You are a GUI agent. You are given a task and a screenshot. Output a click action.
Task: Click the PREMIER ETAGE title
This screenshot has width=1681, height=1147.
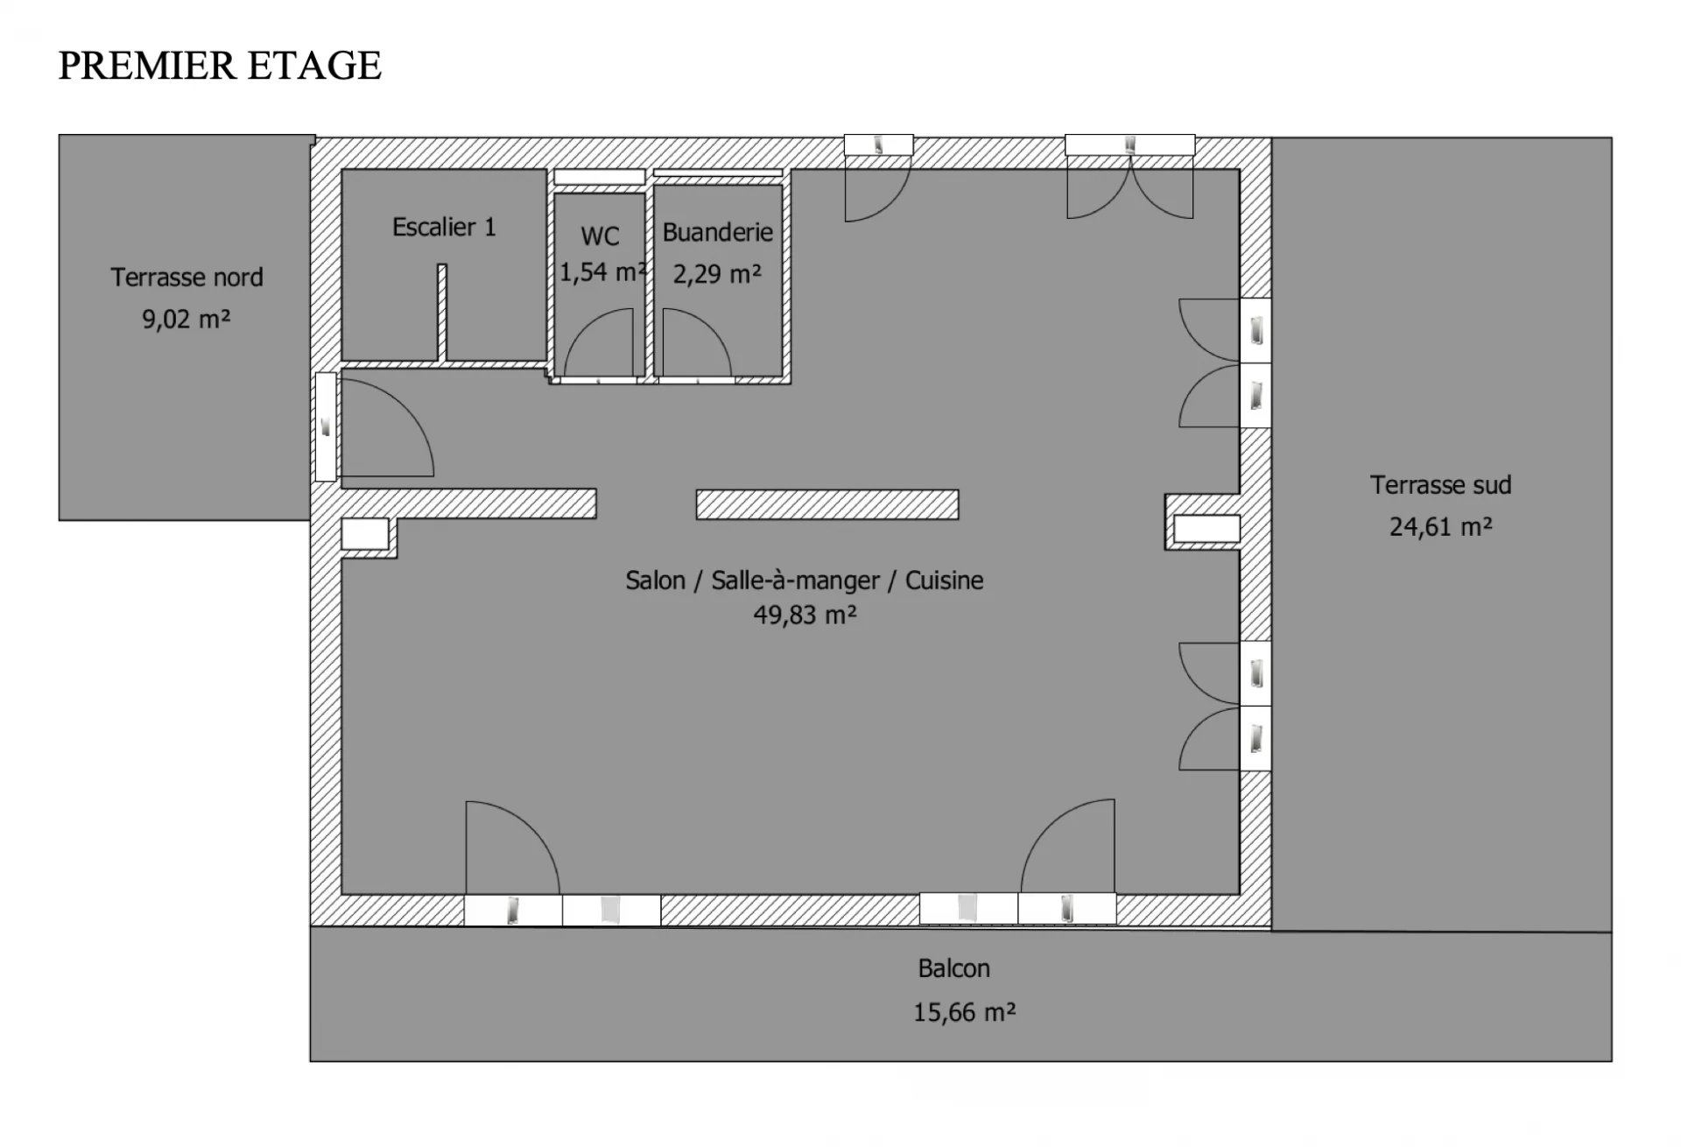(220, 66)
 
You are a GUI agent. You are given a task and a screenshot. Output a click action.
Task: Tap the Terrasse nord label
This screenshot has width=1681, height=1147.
(186, 278)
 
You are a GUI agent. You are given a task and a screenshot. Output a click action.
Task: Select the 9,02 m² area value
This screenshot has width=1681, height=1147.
(186, 319)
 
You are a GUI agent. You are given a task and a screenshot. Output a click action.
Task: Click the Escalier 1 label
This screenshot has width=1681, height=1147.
(444, 228)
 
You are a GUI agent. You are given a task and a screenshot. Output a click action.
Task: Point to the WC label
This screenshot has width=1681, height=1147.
(600, 236)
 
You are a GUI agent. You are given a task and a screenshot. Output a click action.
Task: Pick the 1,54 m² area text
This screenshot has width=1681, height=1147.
(603, 272)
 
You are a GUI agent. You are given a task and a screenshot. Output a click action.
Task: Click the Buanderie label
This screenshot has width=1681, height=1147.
(717, 232)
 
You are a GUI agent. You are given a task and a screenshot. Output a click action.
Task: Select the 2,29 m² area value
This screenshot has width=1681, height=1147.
(717, 274)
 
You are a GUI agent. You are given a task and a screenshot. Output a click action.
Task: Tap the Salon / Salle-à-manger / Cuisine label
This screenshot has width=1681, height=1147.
(805, 581)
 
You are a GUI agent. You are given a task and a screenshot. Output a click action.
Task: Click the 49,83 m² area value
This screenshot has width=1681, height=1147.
(805, 615)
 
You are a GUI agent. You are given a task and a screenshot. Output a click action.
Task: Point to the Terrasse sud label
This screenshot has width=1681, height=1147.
(1440, 485)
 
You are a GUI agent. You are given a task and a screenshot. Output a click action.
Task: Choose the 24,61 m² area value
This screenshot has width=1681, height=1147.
(1440, 526)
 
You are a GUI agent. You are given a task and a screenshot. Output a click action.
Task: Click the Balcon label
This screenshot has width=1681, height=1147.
(953, 968)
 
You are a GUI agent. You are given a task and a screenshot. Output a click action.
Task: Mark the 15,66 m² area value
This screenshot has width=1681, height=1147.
(964, 1012)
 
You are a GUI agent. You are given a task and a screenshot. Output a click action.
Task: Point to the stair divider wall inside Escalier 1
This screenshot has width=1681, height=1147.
(442, 313)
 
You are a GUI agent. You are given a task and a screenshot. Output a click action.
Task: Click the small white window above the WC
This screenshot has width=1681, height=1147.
(599, 177)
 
